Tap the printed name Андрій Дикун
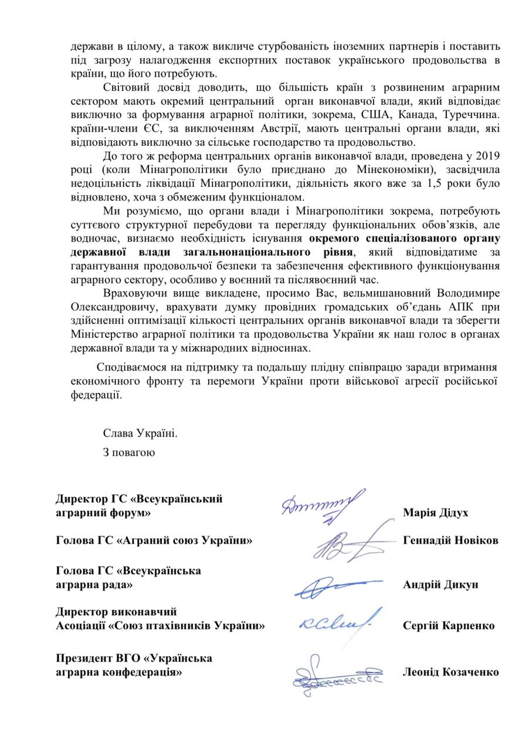click(440, 584)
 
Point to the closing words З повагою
click(129, 452)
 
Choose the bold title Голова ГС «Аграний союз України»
click(154, 540)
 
